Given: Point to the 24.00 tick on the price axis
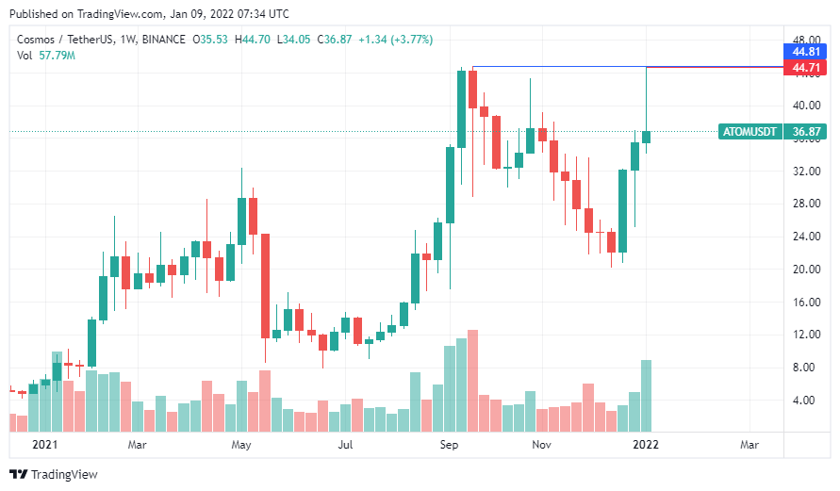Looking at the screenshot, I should [x=804, y=237].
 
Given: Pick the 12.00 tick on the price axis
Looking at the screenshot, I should [x=804, y=335].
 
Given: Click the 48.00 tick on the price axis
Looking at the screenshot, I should [x=804, y=40].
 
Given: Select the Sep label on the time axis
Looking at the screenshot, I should [x=449, y=444].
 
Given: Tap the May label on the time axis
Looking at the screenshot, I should [x=241, y=444].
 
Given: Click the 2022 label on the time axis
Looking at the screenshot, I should [x=646, y=444].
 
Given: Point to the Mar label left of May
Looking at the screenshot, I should [x=138, y=444].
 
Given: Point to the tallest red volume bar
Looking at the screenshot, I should [x=473, y=381].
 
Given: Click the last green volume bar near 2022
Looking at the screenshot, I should [x=647, y=396].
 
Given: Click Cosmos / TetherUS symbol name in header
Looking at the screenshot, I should [x=58, y=40].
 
